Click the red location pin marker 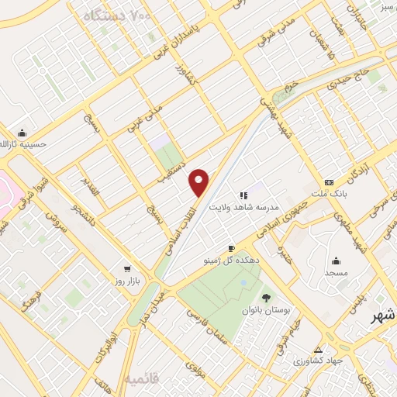[199, 182]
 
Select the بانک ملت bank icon [330, 182]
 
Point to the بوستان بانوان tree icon [267, 297]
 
